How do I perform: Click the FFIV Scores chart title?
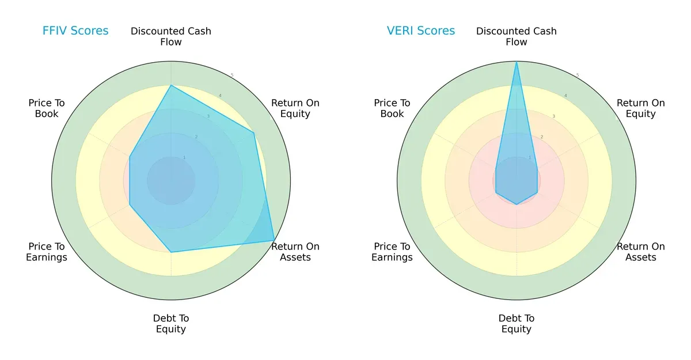[x=75, y=31]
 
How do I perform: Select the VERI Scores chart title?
[x=420, y=31]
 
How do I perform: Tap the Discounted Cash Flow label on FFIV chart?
[x=171, y=36]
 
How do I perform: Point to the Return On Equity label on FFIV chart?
[x=295, y=108]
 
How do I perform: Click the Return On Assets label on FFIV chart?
[x=295, y=252]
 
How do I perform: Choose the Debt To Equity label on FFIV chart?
[x=171, y=324]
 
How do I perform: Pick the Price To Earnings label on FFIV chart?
[x=47, y=252]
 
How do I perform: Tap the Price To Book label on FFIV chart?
[x=47, y=108]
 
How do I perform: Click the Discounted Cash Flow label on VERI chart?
[x=517, y=36]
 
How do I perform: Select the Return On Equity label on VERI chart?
[x=641, y=108]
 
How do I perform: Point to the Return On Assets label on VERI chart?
[x=641, y=252]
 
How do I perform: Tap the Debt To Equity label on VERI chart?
[x=517, y=324]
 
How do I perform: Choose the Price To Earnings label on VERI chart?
[x=392, y=252]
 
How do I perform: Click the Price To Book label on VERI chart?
[x=392, y=108]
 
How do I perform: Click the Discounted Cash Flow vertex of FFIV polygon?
[x=171, y=85]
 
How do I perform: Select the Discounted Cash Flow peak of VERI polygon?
[x=517, y=62]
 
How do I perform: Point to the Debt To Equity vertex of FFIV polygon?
[x=171, y=252]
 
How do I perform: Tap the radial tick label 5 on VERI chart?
[x=578, y=75]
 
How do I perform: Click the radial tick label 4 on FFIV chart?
[x=220, y=96]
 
